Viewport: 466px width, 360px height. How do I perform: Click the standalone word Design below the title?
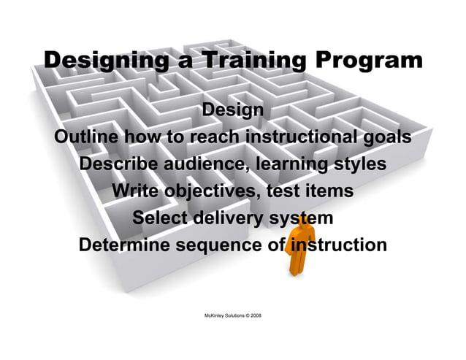pos(232,111)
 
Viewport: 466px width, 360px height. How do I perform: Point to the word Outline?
pos(87,137)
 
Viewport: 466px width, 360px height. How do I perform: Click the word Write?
pos(137,191)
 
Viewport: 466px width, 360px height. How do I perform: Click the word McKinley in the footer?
pos(212,315)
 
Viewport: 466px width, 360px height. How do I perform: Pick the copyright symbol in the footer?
pos(245,315)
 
